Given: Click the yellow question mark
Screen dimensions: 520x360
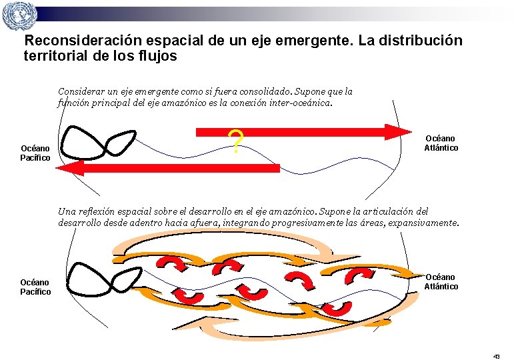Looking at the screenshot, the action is [x=235, y=141].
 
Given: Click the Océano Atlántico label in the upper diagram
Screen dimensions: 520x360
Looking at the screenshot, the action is [x=441, y=143].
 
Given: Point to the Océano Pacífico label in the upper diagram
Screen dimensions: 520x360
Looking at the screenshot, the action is [x=35, y=153].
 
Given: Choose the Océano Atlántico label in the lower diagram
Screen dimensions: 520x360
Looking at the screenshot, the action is [x=441, y=281].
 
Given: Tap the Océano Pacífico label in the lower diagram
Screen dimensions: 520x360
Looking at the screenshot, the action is [x=35, y=287].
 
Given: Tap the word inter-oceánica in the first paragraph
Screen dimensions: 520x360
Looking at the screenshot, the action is [x=298, y=103].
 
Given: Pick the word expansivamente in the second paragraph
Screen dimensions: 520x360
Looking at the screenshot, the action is [x=419, y=223].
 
